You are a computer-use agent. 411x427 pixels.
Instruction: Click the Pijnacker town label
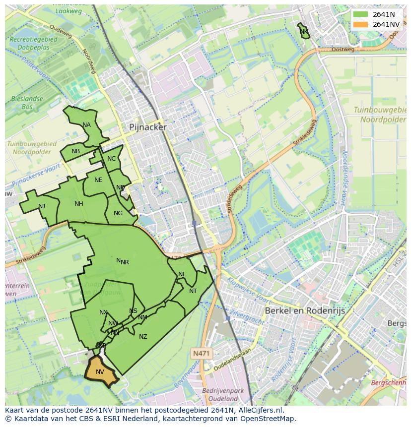[x=148, y=127]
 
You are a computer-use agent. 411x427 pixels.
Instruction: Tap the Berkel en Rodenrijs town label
[x=305, y=310]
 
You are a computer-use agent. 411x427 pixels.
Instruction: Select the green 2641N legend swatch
[x=360, y=14]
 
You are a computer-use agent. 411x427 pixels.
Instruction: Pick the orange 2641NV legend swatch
[x=360, y=24]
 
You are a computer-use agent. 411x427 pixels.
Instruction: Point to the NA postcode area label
[x=87, y=125]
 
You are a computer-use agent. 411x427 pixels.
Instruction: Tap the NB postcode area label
[x=75, y=151]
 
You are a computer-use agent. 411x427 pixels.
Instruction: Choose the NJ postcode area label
[x=42, y=206]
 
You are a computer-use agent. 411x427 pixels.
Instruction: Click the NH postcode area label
[x=79, y=204]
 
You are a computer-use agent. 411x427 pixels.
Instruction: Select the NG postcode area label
[x=118, y=213]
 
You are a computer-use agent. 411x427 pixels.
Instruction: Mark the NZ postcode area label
[x=143, y=337]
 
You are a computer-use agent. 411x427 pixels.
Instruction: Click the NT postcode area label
[x=193, y=291]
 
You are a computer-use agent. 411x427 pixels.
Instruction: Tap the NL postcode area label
[x=182, y=274]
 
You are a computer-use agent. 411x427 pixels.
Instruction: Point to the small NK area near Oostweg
[x=304, y=31]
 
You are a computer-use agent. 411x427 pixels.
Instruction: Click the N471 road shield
[x=201, y=353]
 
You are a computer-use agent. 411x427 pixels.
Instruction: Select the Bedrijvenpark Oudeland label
[x=223, y=394]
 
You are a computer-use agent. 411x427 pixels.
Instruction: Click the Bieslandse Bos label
[x=27, y=103]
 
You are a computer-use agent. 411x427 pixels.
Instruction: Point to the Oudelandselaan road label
[x=232, y=360]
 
